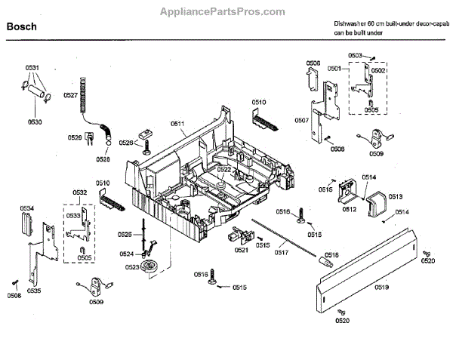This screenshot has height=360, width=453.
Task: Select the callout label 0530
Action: (x=35, y=121)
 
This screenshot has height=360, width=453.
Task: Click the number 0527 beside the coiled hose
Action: (x=70, y=95)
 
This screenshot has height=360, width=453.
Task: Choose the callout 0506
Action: (x=313, y=63)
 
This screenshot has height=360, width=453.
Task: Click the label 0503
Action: (x=355, y=55)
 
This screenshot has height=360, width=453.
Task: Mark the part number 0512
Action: (x=349, y=209)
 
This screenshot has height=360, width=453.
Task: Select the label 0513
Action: (x=396, y=195)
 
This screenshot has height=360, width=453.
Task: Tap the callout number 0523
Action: (x=132, y=267)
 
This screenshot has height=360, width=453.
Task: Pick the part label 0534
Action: (x=26, y=208)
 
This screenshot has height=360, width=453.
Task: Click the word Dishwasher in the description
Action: (x=350, y=25)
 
